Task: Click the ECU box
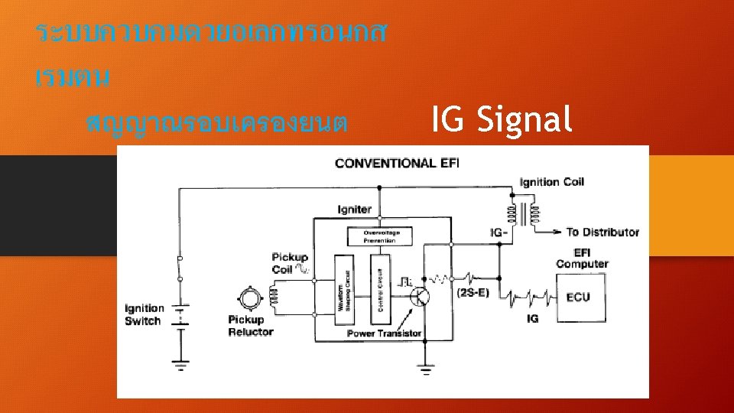(x=578, y=296)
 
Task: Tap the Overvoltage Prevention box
(x=379, y=236)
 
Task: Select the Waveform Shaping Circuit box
(x=342, y=291)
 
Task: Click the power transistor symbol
(x=420, y=298)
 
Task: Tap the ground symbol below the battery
(x=181, y=365)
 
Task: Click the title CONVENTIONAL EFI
(x=397, y=162)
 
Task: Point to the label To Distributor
(x=602, y=232)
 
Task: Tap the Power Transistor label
(x=384, y=333)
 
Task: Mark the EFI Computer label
(x=582, y=259)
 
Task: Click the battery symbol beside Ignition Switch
(x=181, y=316)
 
